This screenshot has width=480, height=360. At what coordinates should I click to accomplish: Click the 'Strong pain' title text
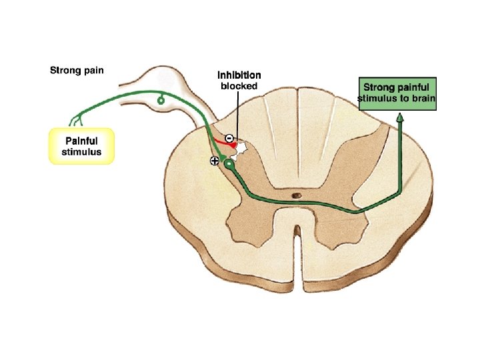(77, 69)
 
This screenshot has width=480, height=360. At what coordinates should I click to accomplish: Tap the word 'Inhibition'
(239, 75)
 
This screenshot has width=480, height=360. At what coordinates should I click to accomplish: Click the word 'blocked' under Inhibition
(239, 86)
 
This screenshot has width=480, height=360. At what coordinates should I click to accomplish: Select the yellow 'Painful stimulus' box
(83, 146)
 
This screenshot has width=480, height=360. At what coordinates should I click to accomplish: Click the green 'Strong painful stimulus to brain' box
(397, 94)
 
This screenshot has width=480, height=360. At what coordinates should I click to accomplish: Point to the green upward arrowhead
(400, 118)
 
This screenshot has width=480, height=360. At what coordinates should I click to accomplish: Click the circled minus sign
(228, 138)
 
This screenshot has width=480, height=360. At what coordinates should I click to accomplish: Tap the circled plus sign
(214, 161)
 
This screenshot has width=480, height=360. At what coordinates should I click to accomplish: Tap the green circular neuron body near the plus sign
(229, 163)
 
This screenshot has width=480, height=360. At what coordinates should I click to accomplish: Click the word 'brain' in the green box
(422, 101)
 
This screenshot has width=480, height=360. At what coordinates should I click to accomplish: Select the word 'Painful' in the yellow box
(83, 141)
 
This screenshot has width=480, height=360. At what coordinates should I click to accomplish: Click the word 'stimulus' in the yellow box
(83, 152)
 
